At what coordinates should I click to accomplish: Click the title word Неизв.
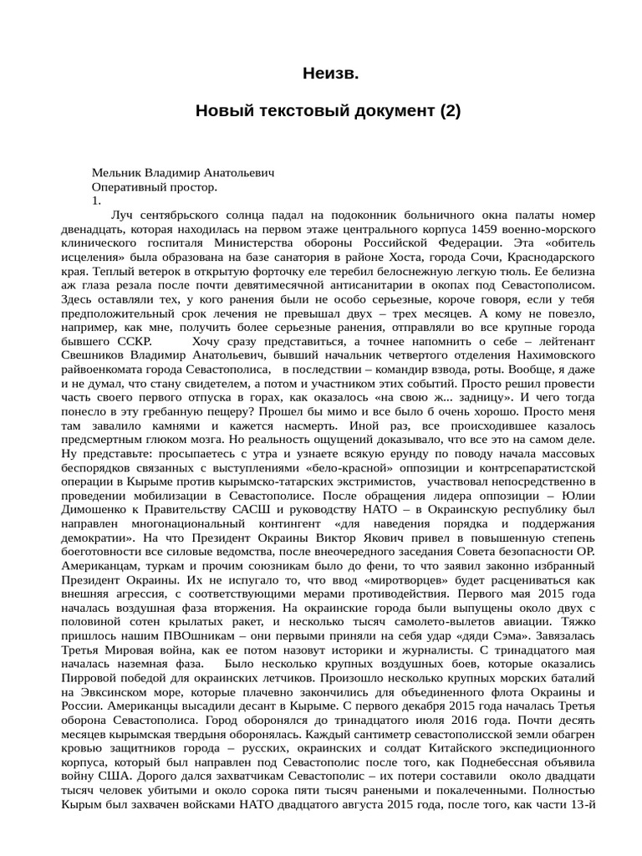(x=330, y=75)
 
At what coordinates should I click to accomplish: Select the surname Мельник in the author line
(x=115, y=173)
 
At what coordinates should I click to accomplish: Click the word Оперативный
(x=131, y=187)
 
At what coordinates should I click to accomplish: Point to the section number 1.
(x=96, y=201)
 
